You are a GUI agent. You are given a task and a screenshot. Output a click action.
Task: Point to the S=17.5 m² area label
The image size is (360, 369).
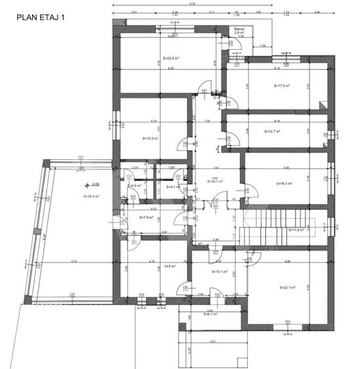tap(281, 85)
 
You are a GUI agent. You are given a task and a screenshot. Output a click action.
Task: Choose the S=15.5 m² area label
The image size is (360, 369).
tap(151, 138)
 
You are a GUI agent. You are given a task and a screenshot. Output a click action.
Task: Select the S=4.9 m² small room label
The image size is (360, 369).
tap(134, 187)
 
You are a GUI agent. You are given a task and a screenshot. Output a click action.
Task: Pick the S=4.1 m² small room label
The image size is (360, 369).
tap(173, 187)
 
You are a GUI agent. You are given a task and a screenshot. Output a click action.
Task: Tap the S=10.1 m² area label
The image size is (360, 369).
tap(219, 271)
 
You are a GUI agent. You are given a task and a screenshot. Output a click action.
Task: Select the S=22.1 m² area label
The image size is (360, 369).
tap(287, 287)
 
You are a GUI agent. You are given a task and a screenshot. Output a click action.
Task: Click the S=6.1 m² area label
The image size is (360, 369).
tap(211, 314)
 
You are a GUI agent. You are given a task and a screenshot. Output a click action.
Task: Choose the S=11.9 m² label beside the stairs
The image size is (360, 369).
tap(298, 229)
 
